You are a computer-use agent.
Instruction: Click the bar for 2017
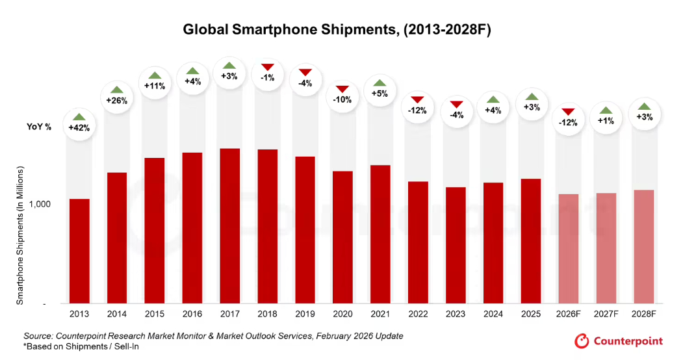[x=230, y=225]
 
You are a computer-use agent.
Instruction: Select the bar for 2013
[x=79, y=251]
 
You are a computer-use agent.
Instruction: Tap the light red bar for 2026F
[x=569, y=248]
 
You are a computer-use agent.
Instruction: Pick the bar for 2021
[x=380, y=234]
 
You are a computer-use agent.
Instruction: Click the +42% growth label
[x=79, y=128]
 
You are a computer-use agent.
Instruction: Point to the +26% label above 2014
[x=116, y=101]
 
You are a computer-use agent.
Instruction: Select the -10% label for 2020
[x=342, y=99]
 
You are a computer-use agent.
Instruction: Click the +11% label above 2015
[x=154, y=86]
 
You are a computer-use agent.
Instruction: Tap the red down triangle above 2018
[x=268, y=67]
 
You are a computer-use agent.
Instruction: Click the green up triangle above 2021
[x=380, y=83]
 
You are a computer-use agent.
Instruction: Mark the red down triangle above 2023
[x=456, y=105]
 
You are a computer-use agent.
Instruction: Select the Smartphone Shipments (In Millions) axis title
[x=20, y=236]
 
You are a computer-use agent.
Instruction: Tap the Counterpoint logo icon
[x=582, y=341]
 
